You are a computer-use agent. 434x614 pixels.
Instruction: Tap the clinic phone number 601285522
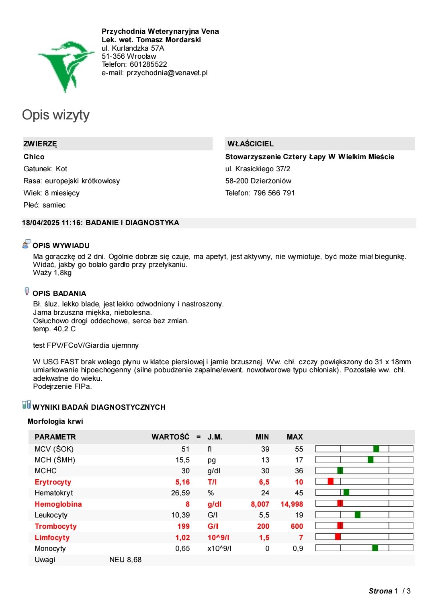tap(148, 64)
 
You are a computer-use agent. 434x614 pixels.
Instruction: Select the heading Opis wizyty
tap(56, 115)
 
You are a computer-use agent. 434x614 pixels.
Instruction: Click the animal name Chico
tap(34, 157)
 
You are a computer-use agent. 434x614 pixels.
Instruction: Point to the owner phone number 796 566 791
tap(274, 193)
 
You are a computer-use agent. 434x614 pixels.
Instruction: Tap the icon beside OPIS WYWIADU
tap(27, 244)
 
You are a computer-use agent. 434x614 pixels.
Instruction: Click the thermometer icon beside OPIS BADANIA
tap(27, 292)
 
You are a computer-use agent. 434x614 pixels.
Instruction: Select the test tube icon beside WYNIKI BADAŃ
tap(27, 405)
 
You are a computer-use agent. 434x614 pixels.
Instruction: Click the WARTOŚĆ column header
tap(170, 437)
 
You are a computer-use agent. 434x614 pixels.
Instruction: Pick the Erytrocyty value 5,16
tap(182, 482)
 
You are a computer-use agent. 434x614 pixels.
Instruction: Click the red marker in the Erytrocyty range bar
tap(331, 481)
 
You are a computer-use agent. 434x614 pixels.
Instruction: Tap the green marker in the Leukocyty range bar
tap(358, 515)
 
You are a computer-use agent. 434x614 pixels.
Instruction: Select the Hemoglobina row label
tap(58, 504)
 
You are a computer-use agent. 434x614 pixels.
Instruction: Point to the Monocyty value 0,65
tap(182, 548)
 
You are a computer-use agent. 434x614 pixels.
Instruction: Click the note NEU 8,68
tap(125, 560)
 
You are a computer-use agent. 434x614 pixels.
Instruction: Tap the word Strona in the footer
tap(380, 591)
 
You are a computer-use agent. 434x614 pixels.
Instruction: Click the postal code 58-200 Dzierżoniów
tap(258, 181)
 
